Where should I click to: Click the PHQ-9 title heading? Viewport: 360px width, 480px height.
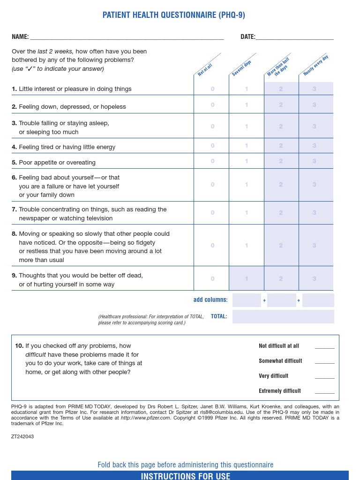(173, 15)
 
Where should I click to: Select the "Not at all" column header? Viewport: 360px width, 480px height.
(205, 70)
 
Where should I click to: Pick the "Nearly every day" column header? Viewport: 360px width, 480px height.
(315, 66)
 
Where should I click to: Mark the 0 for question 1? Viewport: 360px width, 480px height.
(212, 89)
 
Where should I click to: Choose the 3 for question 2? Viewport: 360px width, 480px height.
(315, 105)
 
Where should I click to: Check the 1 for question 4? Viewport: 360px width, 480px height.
(247, 146)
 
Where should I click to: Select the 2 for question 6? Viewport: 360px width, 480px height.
(281, 185)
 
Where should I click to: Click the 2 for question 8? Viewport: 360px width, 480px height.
(281, 245)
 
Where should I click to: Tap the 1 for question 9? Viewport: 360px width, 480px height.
(247, 279)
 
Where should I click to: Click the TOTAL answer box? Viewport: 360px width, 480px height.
(283, 316)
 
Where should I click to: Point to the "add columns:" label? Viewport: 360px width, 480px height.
(210, 300)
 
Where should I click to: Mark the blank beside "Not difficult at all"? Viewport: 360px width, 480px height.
(324, 347)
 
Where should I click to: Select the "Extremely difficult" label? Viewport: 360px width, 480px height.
(280, 391)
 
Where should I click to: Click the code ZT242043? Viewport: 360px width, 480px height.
(22, 436)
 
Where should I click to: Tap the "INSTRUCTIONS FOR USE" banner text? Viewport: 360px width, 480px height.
(186, 476)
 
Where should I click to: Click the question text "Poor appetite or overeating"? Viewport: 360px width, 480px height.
(57, 163)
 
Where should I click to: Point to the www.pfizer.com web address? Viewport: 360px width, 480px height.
(145, 418)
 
